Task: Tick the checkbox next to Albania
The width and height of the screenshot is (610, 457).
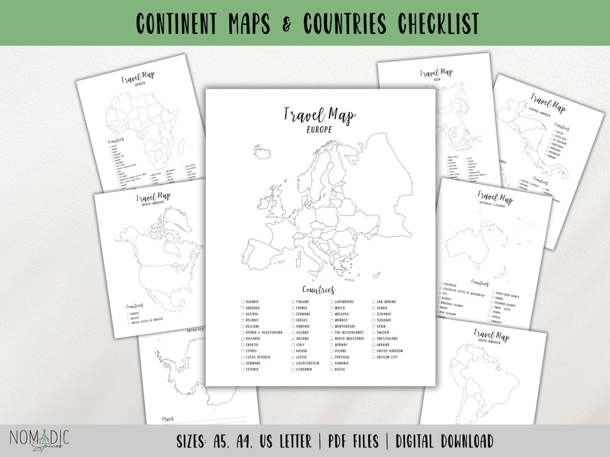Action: [x=242, y=302]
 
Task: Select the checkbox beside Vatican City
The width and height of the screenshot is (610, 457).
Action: [x=373, y=357]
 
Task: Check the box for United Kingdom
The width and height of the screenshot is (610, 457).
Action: [x=373, y=351]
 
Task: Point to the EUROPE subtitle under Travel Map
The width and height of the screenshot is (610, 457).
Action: [x=320, y=129]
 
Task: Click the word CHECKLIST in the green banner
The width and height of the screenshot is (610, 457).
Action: [x=438, y=23]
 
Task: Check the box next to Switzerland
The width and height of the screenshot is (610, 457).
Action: [x=373, y=339]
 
